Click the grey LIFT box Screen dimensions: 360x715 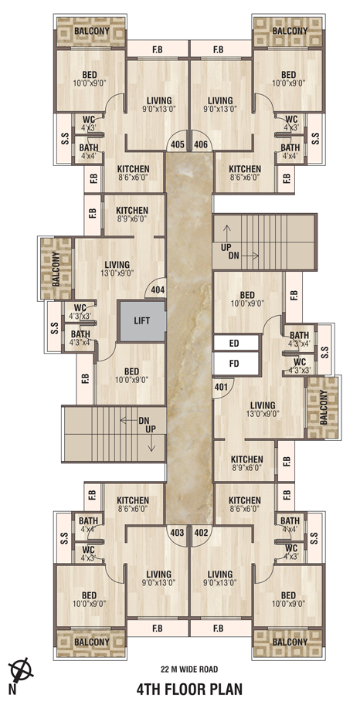tap(142, 320)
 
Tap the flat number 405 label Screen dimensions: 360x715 tap(178, 145)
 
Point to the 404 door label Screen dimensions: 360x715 tap(158, 289)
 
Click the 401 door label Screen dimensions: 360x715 tap(221, 387)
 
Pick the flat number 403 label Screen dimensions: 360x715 tap(177, 532)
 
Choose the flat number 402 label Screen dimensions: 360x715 tap(201, 532)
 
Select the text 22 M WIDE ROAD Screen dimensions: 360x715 tap(189, 669)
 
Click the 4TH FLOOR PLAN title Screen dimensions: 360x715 tap(189, 689)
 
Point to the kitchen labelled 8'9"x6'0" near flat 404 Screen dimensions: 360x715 tap(132, 215)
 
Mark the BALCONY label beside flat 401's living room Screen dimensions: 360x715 tap(324, 407)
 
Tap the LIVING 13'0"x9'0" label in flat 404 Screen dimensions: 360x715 tap(117, 269)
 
